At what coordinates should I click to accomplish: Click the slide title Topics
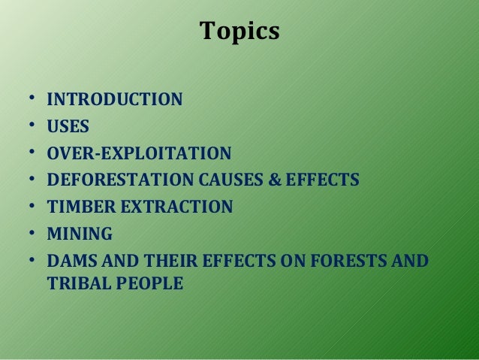click(x=239, y=32)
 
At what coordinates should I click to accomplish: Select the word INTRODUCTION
click(x=114, y=99)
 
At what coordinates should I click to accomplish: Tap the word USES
click(x=68, y=127)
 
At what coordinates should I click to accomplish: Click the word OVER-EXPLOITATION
click(x=139, y=154)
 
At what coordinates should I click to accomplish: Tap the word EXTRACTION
click(x=174, y=207)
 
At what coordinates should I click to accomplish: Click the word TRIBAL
click(x=76, y=285)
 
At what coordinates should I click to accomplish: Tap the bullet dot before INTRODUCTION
click(x=32, y=98)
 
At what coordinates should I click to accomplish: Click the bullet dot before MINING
click(x=32, y=234)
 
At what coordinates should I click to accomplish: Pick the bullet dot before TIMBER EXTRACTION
click(x=32, y=207)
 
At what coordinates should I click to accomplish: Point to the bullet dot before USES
click(x=32, y=126)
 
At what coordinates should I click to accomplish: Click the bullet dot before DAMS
click(x=32, y=261)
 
